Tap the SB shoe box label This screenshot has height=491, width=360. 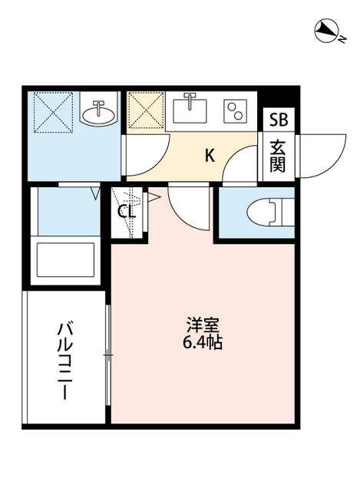point(276,120)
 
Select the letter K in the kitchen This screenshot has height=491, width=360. point(209,156)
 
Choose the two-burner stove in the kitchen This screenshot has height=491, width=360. point(234,112)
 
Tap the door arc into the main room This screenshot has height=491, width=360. point(187,205)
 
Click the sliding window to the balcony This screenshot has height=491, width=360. point(107,353)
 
